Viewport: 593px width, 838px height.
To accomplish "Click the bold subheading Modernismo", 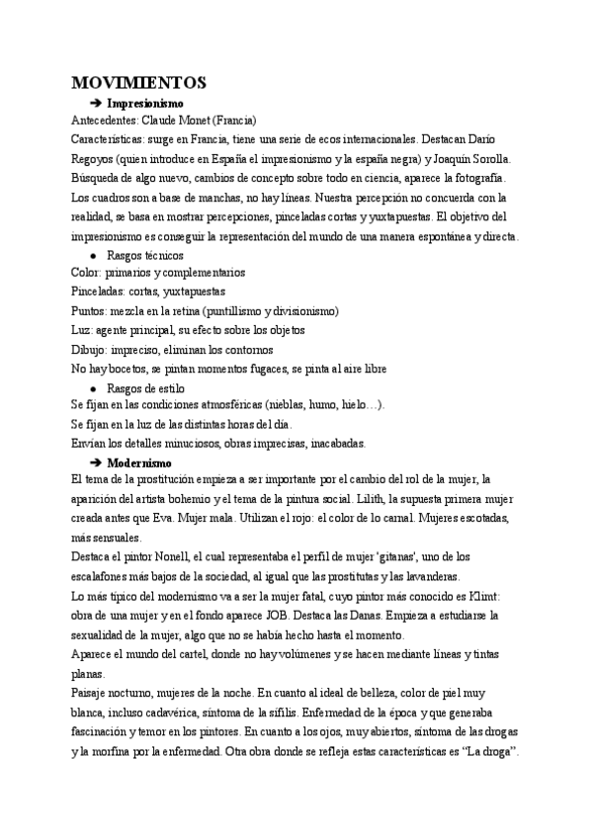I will tap(139, 462).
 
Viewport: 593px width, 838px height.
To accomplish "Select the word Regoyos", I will tap(96, 158).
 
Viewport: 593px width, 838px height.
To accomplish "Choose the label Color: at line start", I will tap(87, 272).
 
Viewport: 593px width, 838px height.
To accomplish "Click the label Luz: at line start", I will tap(83, 330).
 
